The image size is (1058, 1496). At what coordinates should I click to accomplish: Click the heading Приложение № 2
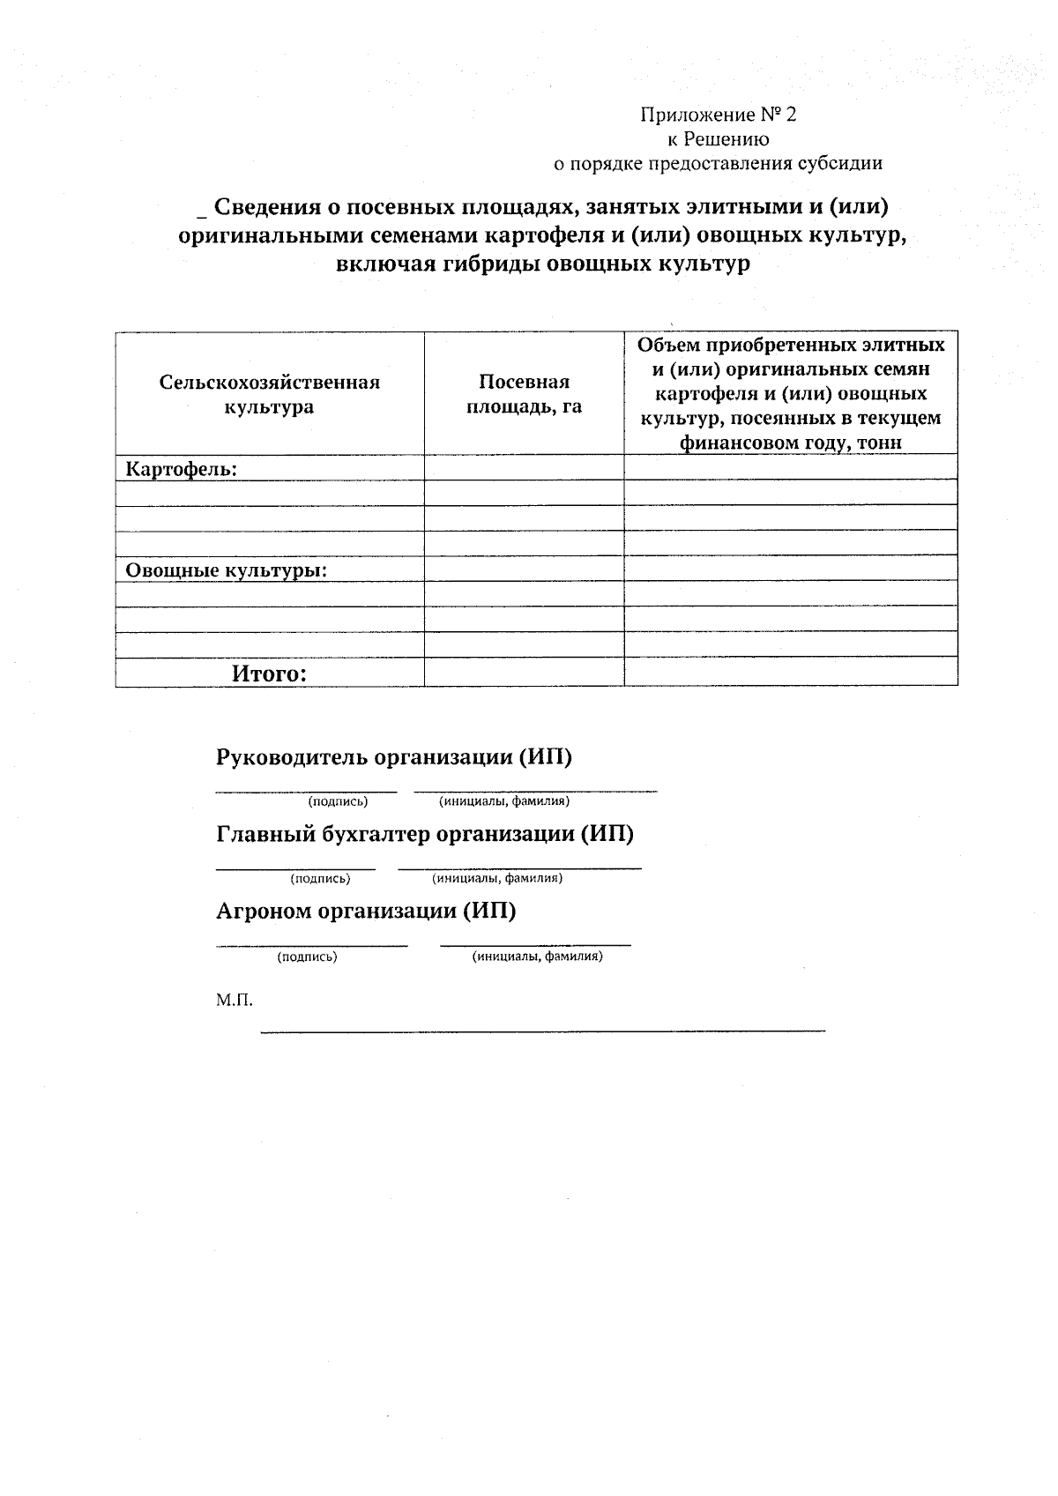click(x=718, y=115)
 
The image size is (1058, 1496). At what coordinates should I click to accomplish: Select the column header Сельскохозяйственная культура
click(x=269, y=394)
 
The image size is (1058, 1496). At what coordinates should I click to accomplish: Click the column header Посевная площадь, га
click(x=524, y=394)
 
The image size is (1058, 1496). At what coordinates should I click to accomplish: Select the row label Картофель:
click(x=182, y=469)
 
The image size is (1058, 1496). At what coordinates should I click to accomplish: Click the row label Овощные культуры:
click(x=227, y=569)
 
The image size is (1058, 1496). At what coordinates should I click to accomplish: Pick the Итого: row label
click(x=269, y=674)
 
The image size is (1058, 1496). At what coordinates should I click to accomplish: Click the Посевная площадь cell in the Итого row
click(x=524, y=674)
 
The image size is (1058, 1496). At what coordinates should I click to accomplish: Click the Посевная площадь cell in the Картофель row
click(x=524, y=467)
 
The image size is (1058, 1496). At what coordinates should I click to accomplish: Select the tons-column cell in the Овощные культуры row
click(x=790, y=569)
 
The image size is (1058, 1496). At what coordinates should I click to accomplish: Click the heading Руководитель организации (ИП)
click(x=394, y=757)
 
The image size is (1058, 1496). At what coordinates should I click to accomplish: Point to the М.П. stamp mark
click(x=234, y=1001)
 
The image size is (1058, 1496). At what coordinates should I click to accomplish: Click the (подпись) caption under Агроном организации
click(x=307, y=956)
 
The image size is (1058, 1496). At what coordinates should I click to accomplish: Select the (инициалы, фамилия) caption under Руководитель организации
click(x=504, y=801)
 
